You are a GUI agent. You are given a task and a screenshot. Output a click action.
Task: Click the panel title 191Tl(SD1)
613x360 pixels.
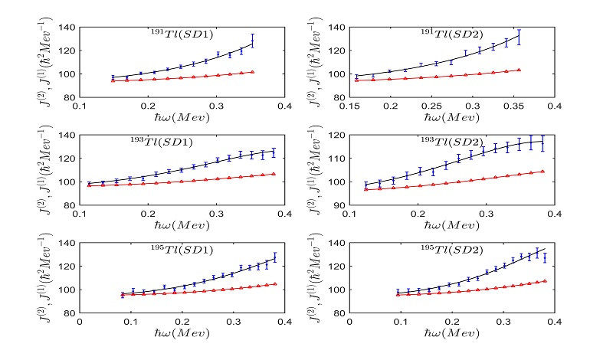click(182, 35)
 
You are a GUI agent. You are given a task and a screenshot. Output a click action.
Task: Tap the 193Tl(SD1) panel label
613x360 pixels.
click(161, 143)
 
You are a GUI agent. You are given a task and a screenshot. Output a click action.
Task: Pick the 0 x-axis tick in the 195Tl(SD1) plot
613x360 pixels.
click(80, 322)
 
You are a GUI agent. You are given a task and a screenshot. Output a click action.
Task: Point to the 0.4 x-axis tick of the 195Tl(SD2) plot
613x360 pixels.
click(554, 322)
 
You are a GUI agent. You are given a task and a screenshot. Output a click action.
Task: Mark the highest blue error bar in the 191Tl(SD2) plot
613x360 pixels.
click(520, 36)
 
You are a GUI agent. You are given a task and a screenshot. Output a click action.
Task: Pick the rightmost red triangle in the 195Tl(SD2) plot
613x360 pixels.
click(546, 281)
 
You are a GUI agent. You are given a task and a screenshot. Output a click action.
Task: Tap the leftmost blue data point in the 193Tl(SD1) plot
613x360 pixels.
click(89, 184)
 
